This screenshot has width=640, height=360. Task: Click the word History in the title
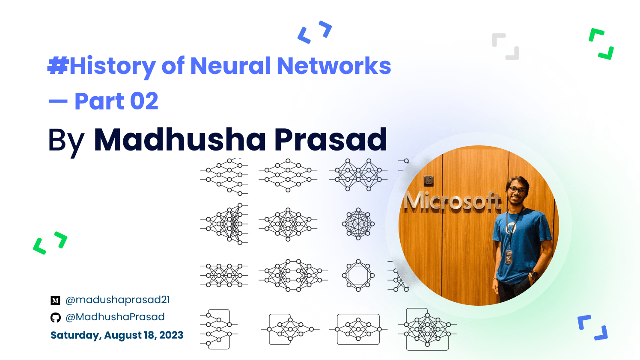click(113, 67)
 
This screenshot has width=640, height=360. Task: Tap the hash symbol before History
click(58, 65)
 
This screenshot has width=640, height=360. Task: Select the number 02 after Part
click(144, 101)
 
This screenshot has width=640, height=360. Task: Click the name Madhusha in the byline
click(180, 139)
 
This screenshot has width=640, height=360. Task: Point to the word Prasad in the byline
click(330, 139)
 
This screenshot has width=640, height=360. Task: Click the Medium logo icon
click(55, 301)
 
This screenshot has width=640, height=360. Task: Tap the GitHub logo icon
click(55, 318)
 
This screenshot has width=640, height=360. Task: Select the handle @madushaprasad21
click(118, 300)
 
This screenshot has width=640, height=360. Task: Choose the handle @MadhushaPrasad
click(115, 317)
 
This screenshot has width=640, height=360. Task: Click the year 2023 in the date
click(171, 335)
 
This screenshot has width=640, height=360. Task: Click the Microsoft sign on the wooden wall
click(452, 202)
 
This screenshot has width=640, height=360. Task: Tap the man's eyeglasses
click(517, 190)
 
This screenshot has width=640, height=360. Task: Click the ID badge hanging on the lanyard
click(508, 257)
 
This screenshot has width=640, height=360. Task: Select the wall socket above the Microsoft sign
click(429, 180)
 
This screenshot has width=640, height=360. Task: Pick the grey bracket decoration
click(506, 47)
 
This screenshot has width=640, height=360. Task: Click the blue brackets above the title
click(315, 32)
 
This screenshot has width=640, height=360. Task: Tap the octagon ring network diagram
click(358, 275)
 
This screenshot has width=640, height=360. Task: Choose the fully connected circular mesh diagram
click(358, 224)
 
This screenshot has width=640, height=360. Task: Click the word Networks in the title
click(334, 66)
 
